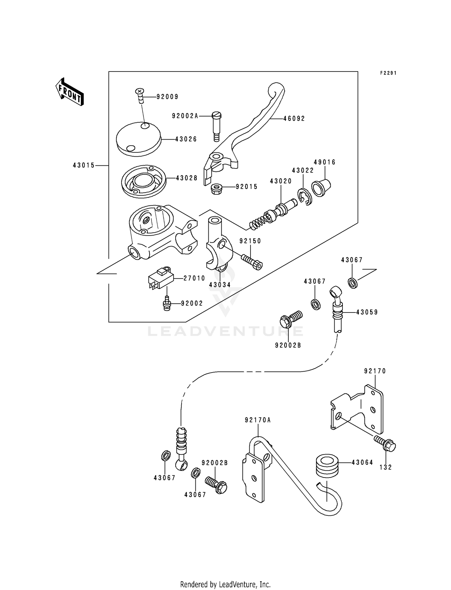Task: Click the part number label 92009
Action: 167,97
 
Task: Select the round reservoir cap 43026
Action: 139,139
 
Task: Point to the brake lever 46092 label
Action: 294,119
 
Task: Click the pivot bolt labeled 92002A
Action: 216,126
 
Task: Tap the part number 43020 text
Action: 281,181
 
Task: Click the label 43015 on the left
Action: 84,165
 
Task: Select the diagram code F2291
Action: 388,73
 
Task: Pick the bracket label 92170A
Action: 258,420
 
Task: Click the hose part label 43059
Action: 367,312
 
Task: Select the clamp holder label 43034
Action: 220,285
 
